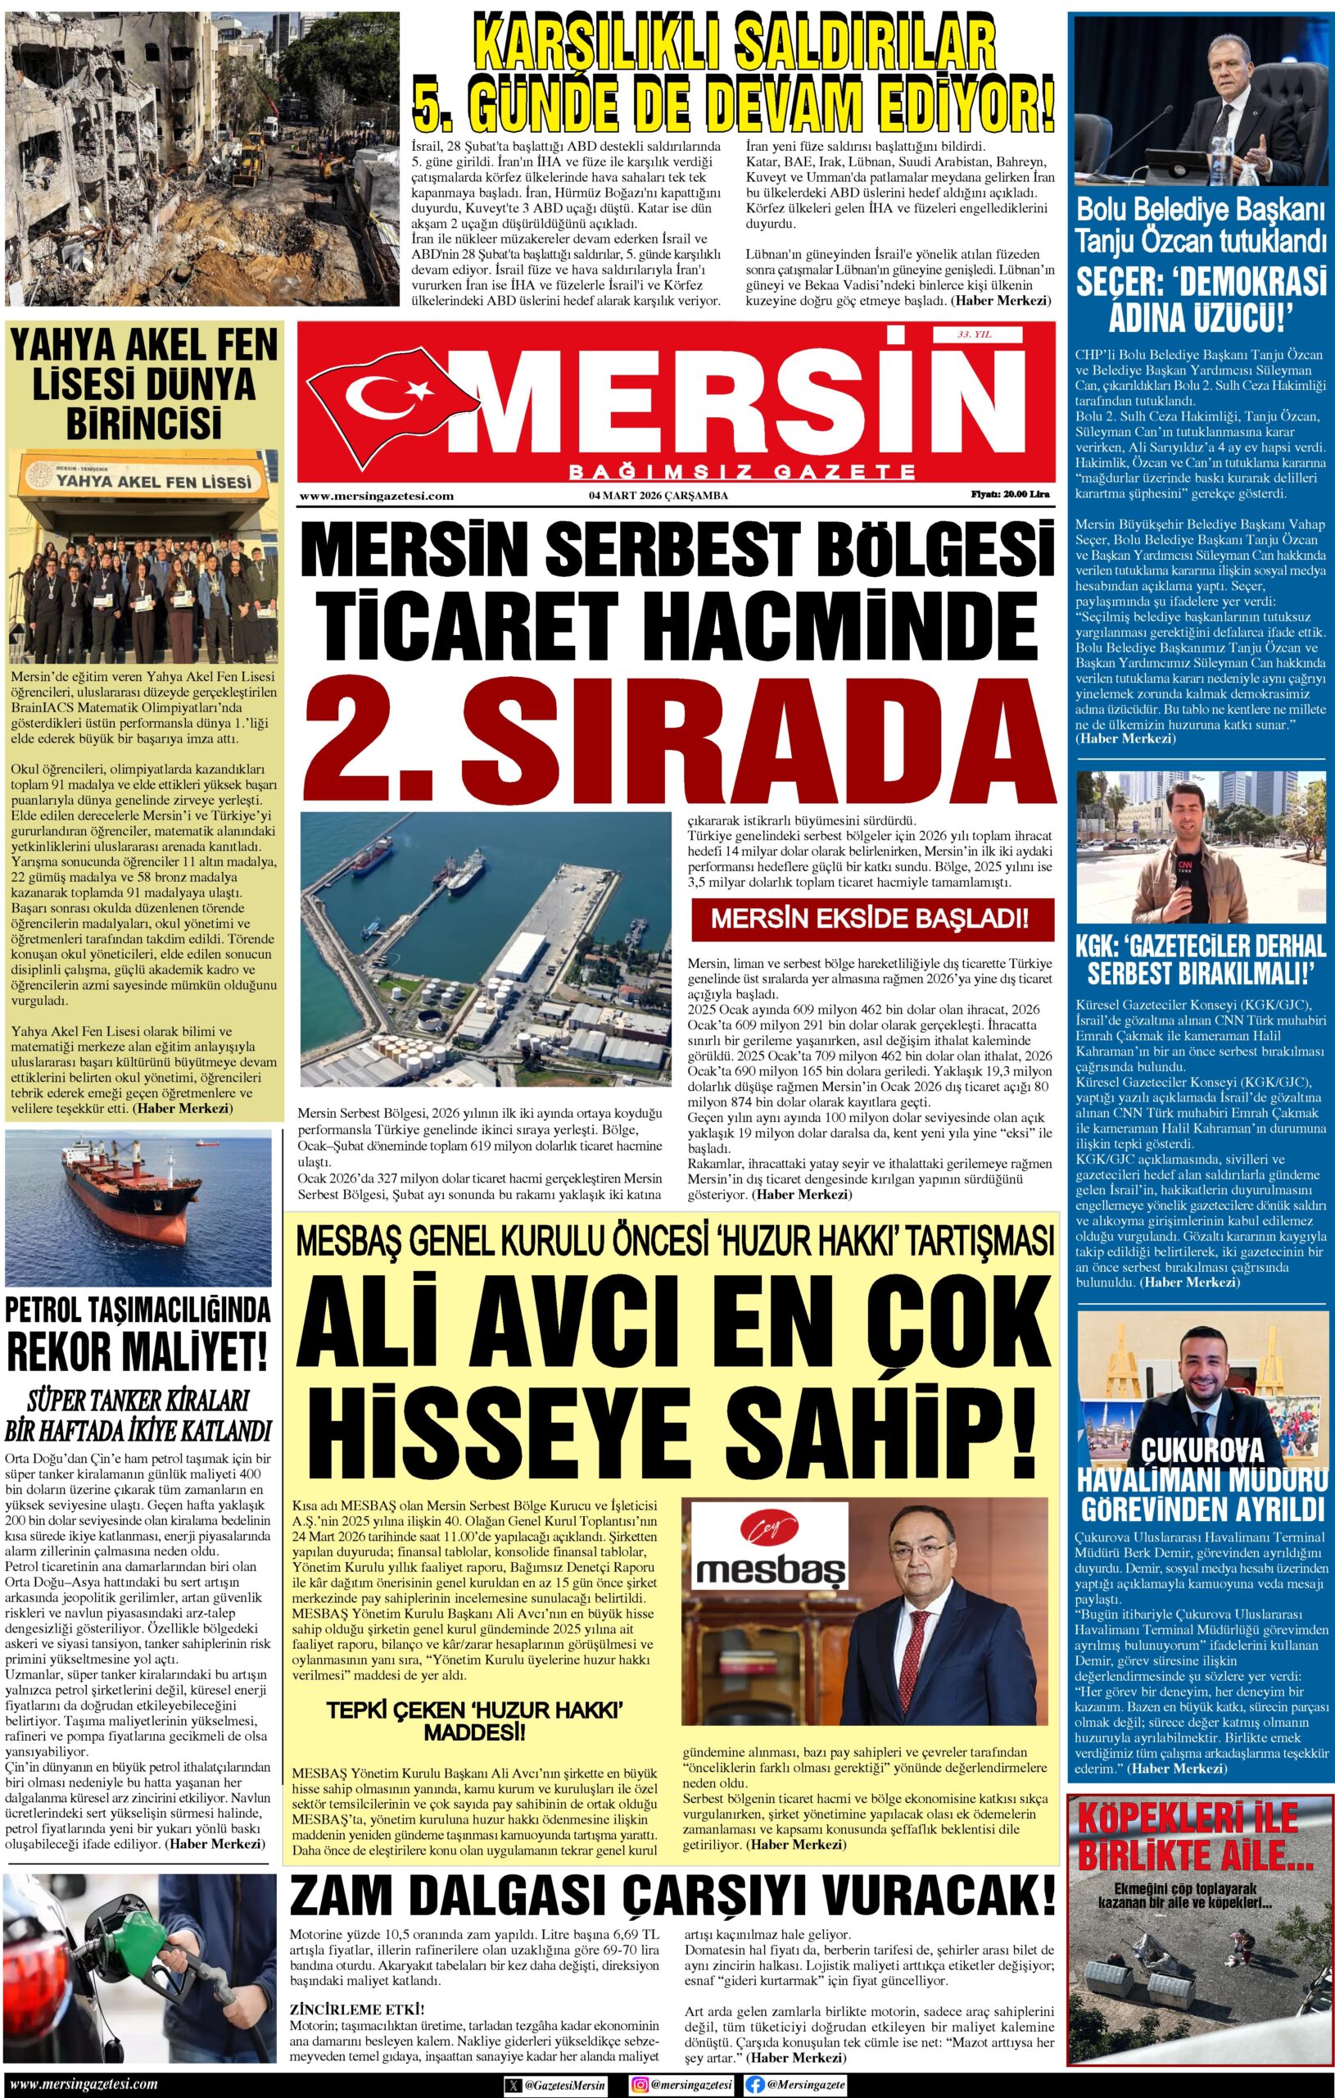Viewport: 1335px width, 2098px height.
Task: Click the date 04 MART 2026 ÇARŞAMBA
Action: pos(658,496)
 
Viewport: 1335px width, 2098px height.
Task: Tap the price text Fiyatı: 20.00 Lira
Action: pos(1010,494)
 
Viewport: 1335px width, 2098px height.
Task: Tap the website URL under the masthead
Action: pos(376,496)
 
